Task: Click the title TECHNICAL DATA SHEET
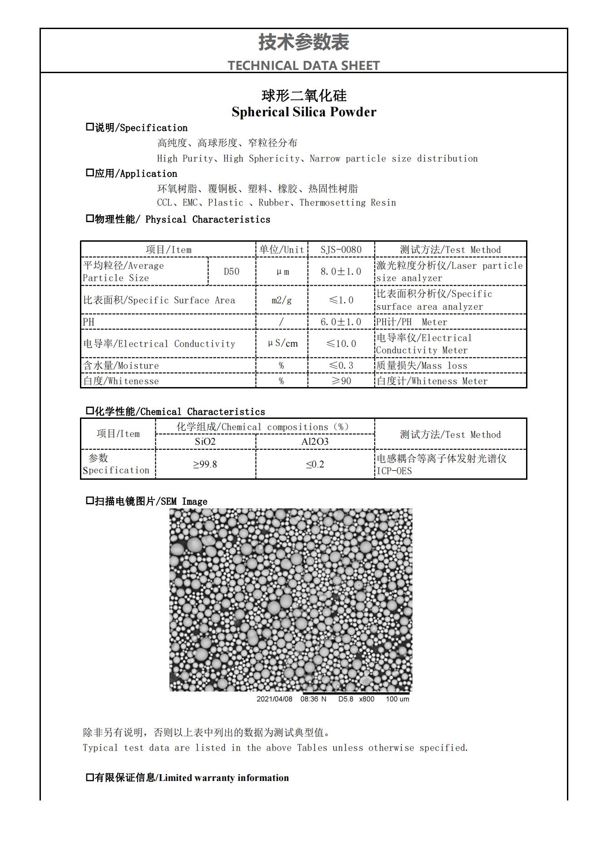point(303,65)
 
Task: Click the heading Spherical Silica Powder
point(303,112)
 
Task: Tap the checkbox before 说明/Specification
point(90,127)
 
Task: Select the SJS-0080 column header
point(341,250)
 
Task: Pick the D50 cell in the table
point(231,272)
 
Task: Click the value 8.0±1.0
point(341,272)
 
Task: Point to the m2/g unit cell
point(282,300)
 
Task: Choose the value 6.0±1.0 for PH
point(341,322)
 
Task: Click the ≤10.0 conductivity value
point(341,344)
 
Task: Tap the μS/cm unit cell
point(282,344)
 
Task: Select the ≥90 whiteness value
point(341,381)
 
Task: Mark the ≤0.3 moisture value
point(341,366)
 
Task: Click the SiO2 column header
point(205,442)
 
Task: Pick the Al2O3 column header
point(315,442)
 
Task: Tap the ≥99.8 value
point(205,464)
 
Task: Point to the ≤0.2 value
point(315,464)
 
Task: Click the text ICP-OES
point(394,471)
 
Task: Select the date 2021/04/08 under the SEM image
point(274,699)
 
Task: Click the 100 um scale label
point(397,699)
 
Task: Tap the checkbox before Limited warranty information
point(90,777)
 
